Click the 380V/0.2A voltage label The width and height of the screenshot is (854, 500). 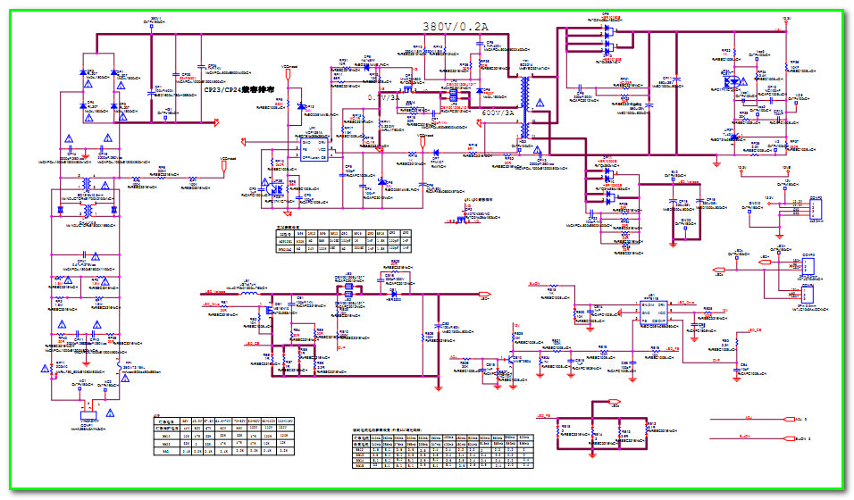(456, 28)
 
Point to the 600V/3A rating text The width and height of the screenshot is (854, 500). (498, 113)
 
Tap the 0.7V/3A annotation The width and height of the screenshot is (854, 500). (385, 96)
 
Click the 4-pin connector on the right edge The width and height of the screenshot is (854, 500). (814, 208)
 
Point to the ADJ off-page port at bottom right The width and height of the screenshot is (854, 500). (787, 418)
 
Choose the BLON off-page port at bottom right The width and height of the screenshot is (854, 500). (787, 438)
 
